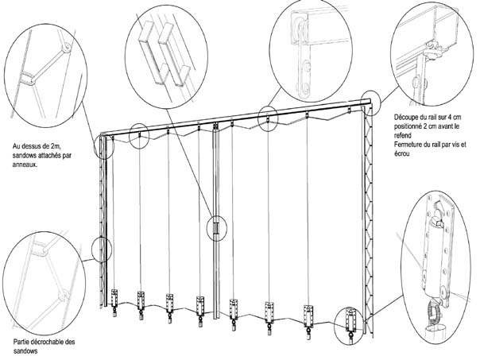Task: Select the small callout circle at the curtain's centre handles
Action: point(215,227)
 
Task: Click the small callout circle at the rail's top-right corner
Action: point(368,99)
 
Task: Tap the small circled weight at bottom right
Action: point(348,325)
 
